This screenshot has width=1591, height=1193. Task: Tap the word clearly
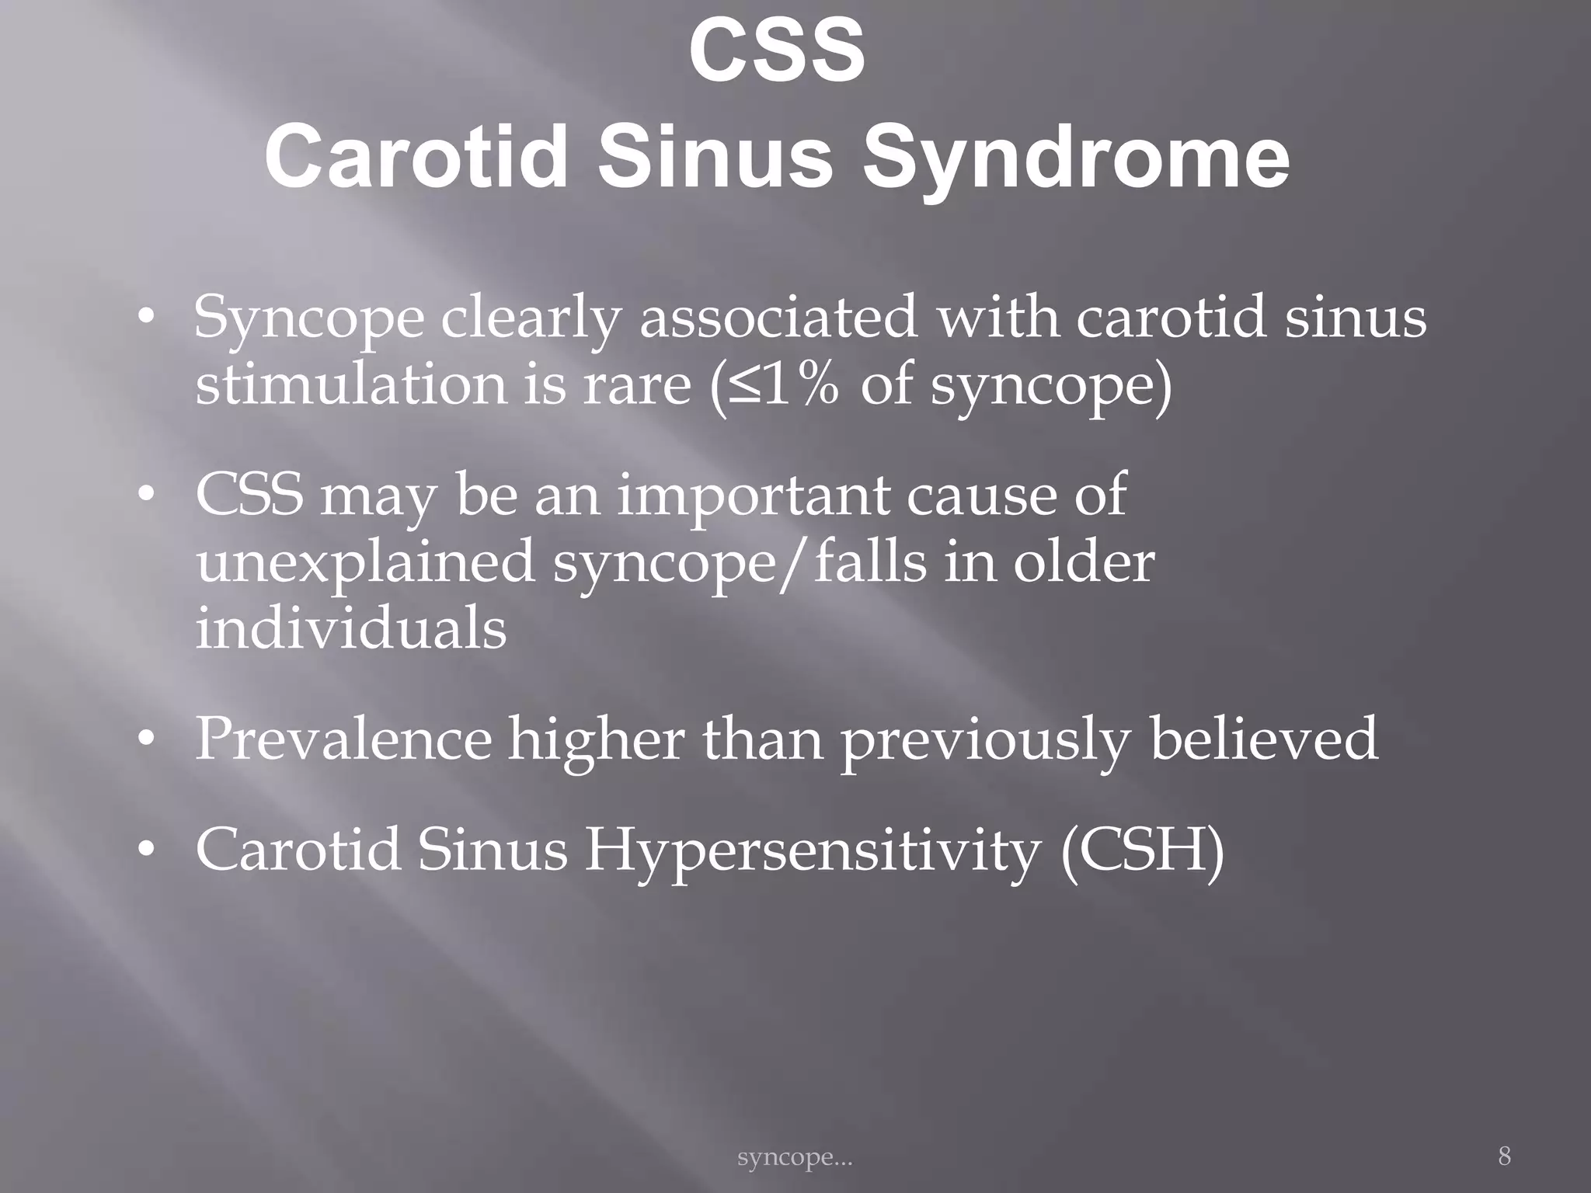click(x=531, y=319)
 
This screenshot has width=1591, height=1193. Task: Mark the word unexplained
click(x=364, y=564)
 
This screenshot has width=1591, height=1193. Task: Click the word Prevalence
click(x=343, y=739)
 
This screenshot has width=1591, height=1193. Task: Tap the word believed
click(x=1264, y=739)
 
